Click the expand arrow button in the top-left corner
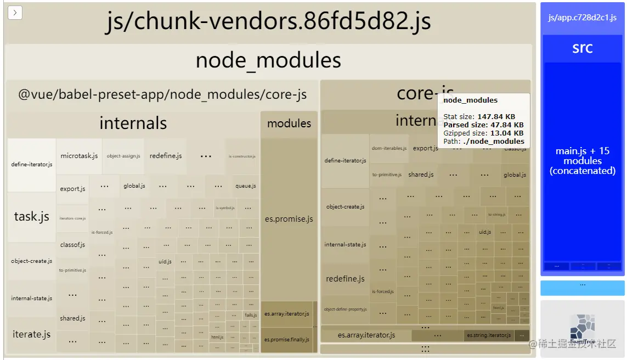(15, 13)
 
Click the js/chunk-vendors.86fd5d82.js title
(268, 21)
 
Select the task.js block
(31, 217)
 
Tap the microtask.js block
(79, 156)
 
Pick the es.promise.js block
(289, 219)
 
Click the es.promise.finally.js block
(286, 340)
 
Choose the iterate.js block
(31, 334)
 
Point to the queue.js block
(246, 186)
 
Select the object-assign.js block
(123, 156)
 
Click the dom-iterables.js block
(389, 148)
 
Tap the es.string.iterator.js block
(489, 335)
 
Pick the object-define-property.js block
(345, 310)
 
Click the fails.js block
(251, 315)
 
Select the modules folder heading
(289, 123)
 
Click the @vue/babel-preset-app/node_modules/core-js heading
(162, 94)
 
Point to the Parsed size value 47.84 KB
(500, 125)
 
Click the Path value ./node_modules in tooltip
(494, 141)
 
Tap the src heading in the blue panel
(582, 48)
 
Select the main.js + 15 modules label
(582, 161)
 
